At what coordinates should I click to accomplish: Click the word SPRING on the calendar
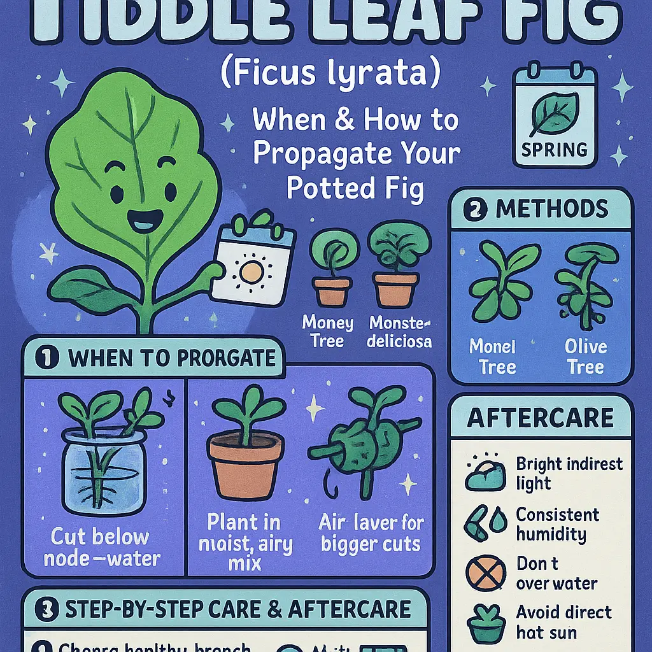(554, 150)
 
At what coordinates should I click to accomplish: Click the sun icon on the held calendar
(252, 272)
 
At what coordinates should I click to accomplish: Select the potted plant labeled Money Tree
(331, 271)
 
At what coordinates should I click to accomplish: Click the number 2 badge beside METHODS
(474, 209)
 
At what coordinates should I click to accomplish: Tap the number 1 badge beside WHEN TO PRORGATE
(48, 357)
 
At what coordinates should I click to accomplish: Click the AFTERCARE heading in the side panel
(541, 418)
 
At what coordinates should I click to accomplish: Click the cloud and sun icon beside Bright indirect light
(485, 474)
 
